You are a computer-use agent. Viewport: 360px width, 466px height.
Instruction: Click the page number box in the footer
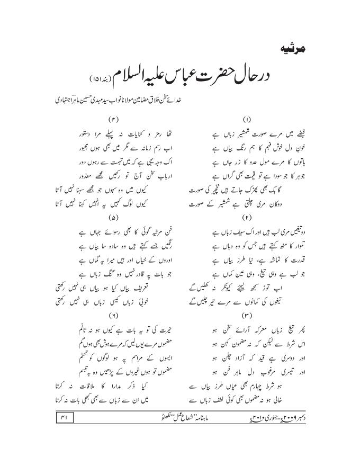click(x=66, y=417)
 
